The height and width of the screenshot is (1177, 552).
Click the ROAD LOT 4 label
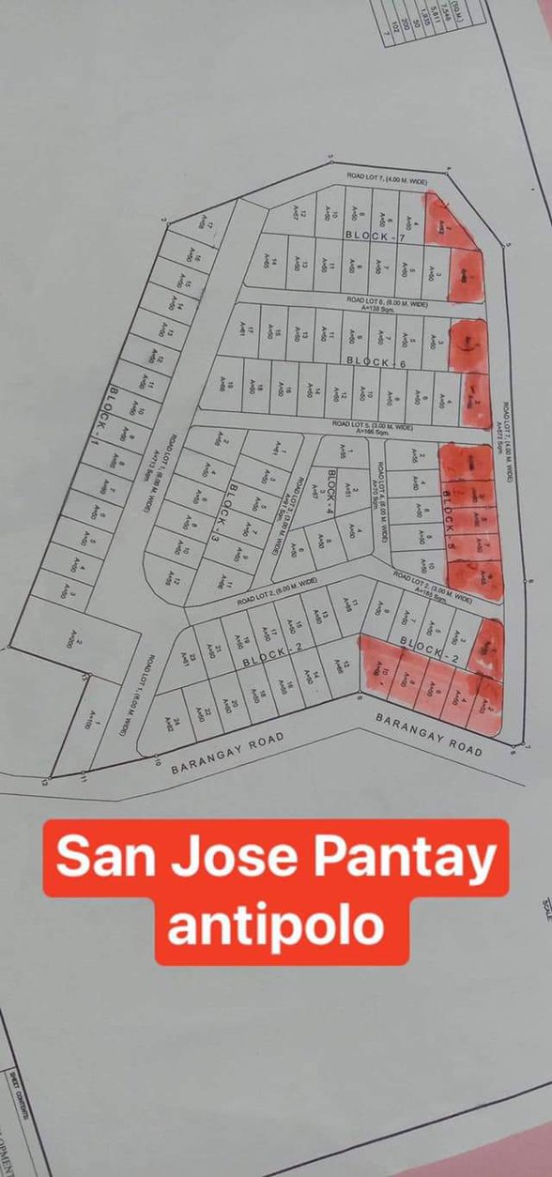click(381, 501)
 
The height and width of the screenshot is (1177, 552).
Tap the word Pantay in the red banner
click(404, 859)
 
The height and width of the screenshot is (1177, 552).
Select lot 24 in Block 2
click(170, 720)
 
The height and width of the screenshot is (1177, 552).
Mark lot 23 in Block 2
click(187, 661)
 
